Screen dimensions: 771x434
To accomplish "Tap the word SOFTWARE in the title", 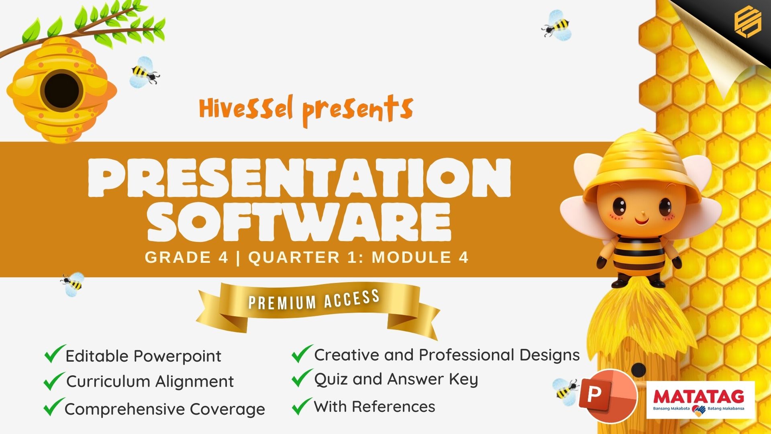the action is (299, 221).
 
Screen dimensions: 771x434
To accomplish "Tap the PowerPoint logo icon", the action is (608, 395).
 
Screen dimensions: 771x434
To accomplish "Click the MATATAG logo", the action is (700, 400).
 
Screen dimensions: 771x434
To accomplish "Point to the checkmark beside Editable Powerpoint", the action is (55, 354).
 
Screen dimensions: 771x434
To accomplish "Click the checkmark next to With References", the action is (302, 406).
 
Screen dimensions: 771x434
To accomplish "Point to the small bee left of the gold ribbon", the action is (73, 284).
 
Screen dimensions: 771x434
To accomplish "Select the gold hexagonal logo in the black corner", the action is (748, 23).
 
